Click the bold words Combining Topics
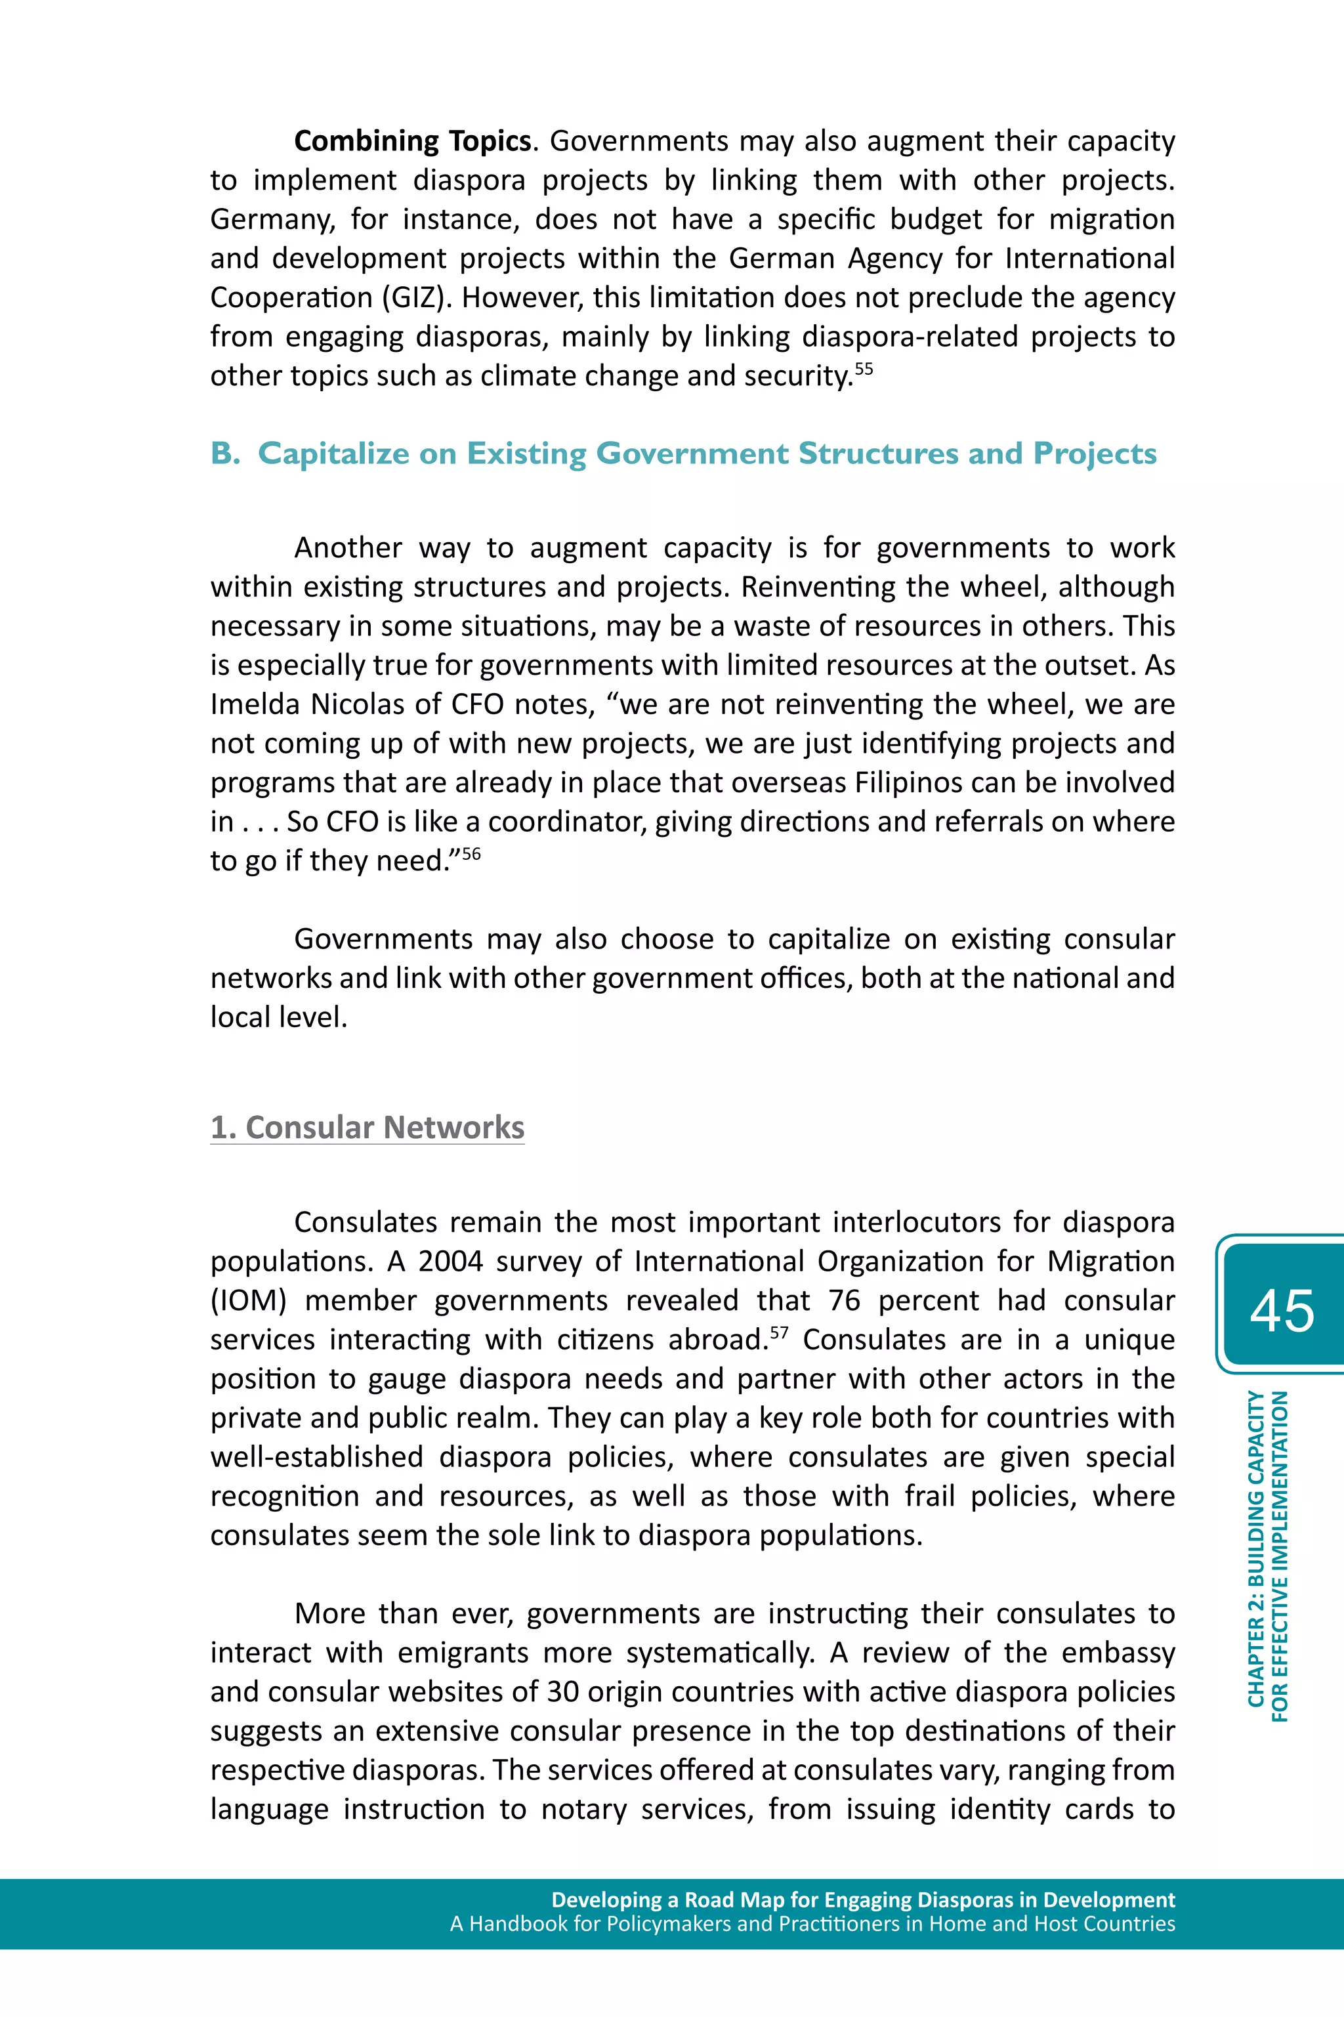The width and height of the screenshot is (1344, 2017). click(x=412, y=141)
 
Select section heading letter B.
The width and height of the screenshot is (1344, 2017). click(x=224, y=454)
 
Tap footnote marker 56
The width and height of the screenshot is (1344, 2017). click(x=471, y=854)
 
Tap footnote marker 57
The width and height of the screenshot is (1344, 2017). click(x=778, y=1333)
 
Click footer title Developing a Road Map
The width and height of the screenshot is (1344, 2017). click(x=862, y=1900)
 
